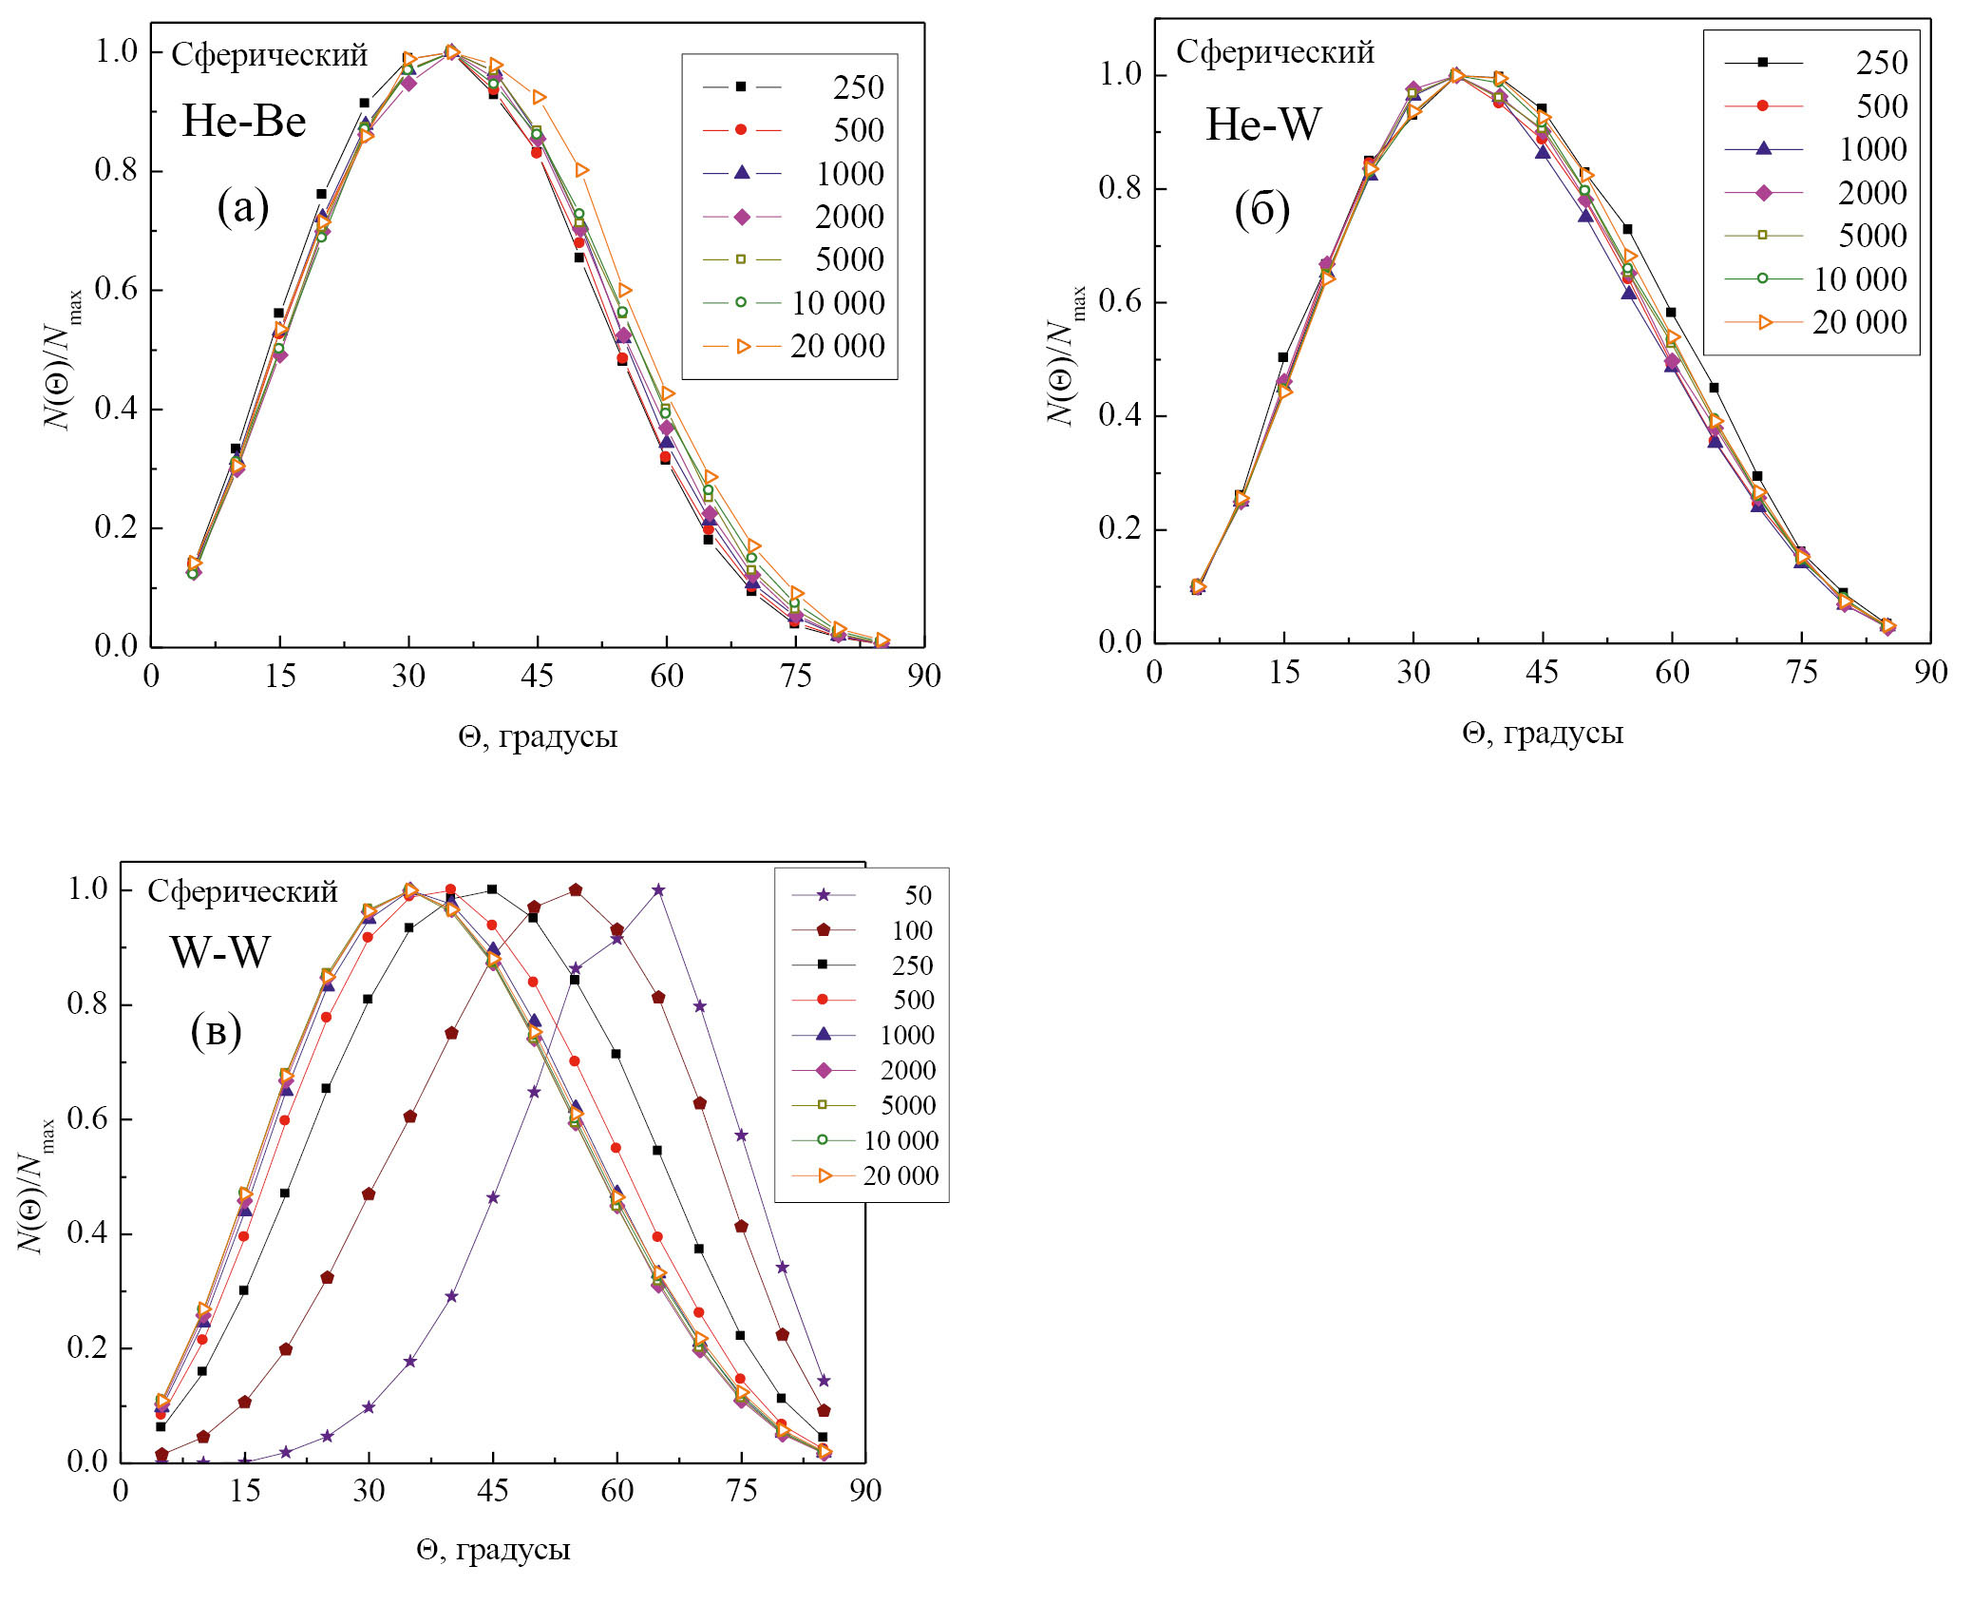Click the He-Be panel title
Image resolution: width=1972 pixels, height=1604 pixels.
pyautogui.click(x=244, y=122)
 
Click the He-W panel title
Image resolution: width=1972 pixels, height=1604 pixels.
pyautogui.click(x=1262, y=124)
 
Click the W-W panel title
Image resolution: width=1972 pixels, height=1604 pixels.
pyautogui.click(x=220, y=952)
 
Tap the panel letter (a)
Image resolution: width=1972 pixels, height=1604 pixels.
pyautogui.click(x=243, y=206)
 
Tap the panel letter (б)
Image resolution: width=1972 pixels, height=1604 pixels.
pyautogui.click(x=1261, y=209)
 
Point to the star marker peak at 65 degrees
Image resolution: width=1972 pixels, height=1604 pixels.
pyautogui.click(x=658, y=890)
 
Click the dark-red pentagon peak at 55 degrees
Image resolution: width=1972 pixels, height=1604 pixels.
pyautogui.click(x=576, y=890)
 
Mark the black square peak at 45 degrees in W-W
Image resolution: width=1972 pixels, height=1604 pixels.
pyautogui.click(x=492, y=889)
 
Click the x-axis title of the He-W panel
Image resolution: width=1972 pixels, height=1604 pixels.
pyautogui.click(x=1543, y=733)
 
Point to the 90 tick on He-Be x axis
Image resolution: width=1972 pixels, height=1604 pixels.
pyautogui.click(x=923, y=676)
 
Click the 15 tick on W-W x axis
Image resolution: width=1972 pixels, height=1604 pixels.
pyautogui.click(x=244, y=1490)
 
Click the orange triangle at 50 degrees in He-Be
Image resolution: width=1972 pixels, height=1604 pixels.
pyautogui.click(x=581, y=170)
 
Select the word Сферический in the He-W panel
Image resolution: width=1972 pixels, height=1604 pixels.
pyautogui.click(x=1275, y=52)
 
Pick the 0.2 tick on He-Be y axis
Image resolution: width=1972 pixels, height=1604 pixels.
pyautogui.click(x=116, y=527)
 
